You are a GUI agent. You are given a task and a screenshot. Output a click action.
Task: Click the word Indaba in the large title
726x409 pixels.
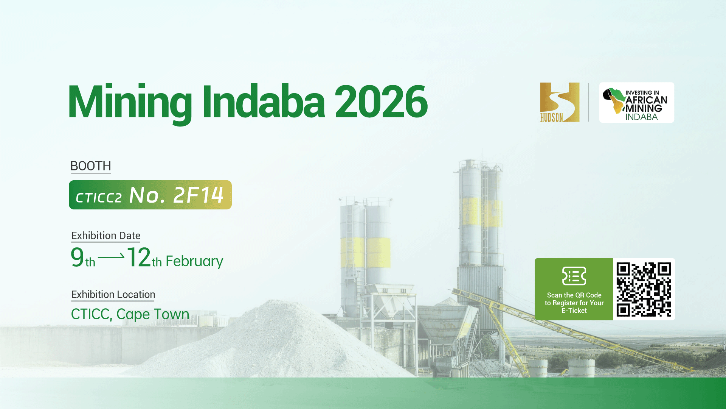264,101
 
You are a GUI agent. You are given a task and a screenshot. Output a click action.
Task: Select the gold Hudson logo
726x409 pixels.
560,102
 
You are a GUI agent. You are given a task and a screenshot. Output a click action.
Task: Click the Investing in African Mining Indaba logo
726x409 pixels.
637,102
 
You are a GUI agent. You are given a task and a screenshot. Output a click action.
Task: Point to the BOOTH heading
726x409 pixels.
91,166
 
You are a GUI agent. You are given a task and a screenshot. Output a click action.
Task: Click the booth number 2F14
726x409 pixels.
199,195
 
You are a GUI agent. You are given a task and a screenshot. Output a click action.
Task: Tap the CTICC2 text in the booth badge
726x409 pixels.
99,198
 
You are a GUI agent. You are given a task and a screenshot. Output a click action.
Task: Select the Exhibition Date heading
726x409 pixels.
106,236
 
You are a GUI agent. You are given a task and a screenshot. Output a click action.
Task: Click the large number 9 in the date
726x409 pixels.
77,257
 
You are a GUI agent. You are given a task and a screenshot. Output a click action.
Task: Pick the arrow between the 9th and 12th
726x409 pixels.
111,257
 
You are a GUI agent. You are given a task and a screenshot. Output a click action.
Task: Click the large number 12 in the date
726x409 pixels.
139,258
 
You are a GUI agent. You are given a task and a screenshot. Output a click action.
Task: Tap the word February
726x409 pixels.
194,261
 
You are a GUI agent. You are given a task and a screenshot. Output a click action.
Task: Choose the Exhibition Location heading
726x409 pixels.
113,295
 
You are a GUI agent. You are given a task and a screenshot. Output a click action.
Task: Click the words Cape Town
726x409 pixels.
153,314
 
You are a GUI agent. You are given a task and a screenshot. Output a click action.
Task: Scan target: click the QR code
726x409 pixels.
644,289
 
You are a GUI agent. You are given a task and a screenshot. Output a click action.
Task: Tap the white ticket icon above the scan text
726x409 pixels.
574,276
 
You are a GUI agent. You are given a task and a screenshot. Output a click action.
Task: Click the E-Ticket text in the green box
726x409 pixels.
574,311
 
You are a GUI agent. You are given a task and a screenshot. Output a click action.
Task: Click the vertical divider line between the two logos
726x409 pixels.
589,102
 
